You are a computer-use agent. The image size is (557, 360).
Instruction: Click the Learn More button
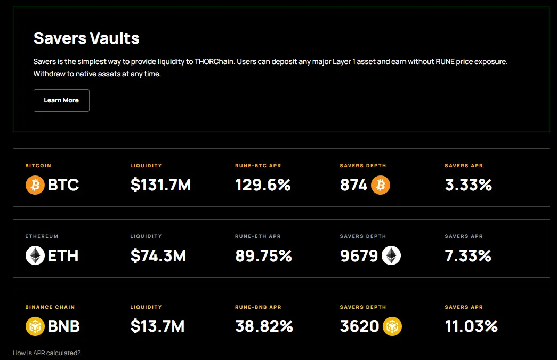click(x=61, y=100)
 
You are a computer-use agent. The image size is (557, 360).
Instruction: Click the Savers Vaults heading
click(x=86, y=38)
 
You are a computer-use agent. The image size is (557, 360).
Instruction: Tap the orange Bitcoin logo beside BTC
click(x=35, y=185)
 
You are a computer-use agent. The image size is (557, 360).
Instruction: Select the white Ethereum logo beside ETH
click(x=35, y=256)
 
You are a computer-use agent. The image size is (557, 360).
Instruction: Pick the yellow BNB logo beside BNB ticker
click(x=35, y=326)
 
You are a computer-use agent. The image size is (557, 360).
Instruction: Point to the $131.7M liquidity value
click(x=160, y=185)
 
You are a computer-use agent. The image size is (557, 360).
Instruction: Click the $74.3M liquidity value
click(x=158, y=256)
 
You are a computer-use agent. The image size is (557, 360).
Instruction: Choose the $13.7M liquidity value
click(x=157, y=326)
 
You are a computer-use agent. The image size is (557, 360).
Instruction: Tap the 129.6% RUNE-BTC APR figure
click(x=263, y=185)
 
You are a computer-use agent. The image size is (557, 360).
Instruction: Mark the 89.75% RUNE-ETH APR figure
click(x=263, y=256)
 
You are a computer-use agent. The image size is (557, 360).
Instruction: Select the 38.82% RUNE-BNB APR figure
click(x=264, y=326)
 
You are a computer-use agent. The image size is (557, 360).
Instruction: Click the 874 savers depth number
click(x=354, y=185)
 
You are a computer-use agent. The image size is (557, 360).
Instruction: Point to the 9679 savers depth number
click(x=359, y=256)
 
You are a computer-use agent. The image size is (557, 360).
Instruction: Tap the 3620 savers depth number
click(x=360, y=326)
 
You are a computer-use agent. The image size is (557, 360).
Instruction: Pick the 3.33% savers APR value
click(x=468, y=185)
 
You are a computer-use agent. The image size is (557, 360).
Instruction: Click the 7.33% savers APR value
click(x=468, y=256)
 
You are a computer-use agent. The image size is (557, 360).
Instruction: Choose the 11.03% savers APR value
click(x=471, y=326)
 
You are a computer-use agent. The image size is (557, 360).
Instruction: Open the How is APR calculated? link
click(x=47, y=353)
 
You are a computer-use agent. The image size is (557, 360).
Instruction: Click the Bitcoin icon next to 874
click(x=381, y=185)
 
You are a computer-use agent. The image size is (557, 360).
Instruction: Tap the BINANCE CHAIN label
click(x=50, y=307)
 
